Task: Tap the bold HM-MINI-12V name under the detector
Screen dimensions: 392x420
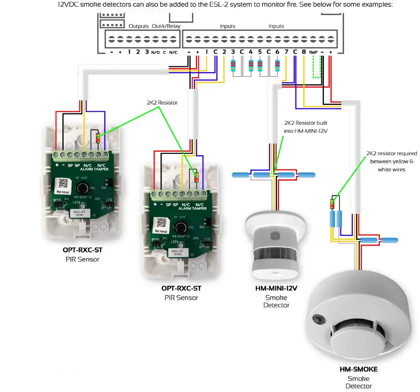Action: [276, 289]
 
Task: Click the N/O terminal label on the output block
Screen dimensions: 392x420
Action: [155, 52]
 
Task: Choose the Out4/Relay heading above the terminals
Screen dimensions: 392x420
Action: [166, 26]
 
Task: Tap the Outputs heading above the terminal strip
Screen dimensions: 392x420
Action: [138, 26]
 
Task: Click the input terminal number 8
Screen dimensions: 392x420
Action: [304, 51]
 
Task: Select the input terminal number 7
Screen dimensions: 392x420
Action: [286, 51]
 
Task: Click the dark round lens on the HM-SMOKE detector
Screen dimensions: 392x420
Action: [316, 318]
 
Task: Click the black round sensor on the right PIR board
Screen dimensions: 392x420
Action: [179, 227]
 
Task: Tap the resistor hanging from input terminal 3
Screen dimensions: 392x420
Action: [233, 66]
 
